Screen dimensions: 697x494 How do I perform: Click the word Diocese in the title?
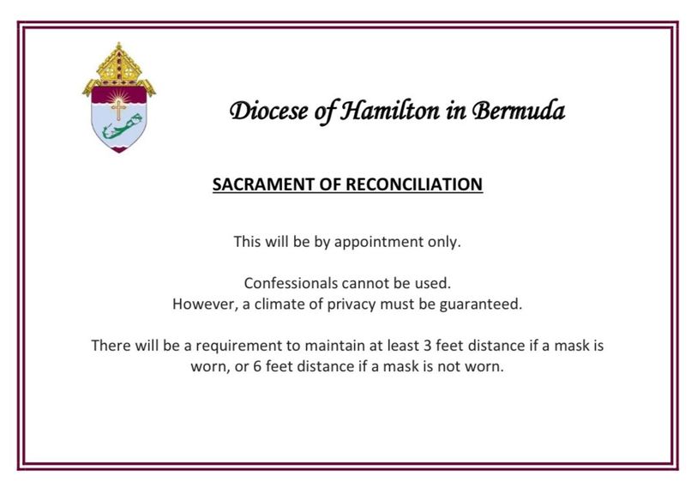click(268, 111)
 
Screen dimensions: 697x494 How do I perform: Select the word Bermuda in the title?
click(519, 111)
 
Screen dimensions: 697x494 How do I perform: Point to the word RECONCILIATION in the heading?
click(414, 184)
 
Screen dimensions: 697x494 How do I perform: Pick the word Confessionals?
click(291, 283)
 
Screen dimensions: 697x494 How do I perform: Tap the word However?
click(206, 304)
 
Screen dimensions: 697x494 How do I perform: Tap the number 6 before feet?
click(257, 366)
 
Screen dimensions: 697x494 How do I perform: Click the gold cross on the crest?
click(118, 110)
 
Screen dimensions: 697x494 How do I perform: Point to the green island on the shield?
click(122, 127)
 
